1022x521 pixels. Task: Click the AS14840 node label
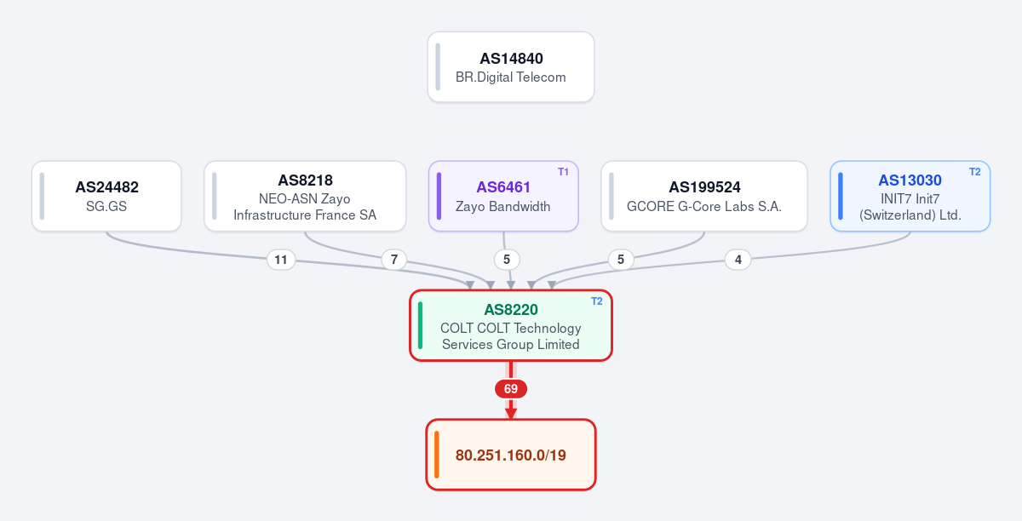[511, 59]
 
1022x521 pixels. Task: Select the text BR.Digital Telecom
[510, 77]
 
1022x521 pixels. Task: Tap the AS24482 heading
[106, 187]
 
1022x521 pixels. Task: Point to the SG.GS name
[106, 206]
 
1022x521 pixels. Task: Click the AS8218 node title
[305, 180]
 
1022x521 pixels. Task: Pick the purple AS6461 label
[503, 187]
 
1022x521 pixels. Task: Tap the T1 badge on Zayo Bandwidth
[563, 172]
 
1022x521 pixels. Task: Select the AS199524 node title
[704, 187]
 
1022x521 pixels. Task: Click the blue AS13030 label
[910, 180]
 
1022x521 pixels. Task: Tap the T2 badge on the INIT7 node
[974, 172]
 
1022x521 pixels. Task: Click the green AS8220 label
[510, 310]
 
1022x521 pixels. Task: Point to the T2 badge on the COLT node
[597, 301]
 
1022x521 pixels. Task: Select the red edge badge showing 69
[510, 389]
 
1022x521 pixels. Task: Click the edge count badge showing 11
[281, 260]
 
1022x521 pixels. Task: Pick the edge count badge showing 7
[394, 260]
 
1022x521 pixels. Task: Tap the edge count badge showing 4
[738, 260]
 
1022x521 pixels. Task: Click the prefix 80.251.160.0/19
[510, 455]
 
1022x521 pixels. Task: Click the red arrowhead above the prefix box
[510, 414]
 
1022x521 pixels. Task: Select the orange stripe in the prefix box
[437, 455]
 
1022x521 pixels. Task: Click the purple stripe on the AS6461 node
[439, 196]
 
